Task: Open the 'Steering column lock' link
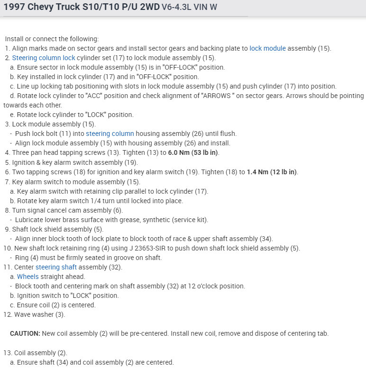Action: pyautogui.click(x=44, y=58)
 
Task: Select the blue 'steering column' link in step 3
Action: pyautogui.click(x=110, y=134)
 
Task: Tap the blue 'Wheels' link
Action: pyautogui.click(x=27, y=277)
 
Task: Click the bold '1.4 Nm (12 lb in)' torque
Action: pyautogui.click(x=272, y=172)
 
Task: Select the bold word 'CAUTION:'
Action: pyautogui.click(x=25, y=333)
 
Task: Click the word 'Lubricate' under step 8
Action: pyautogui.click(x=30, y=220)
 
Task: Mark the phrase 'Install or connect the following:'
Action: pyautogui.click(x=52, y=39)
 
